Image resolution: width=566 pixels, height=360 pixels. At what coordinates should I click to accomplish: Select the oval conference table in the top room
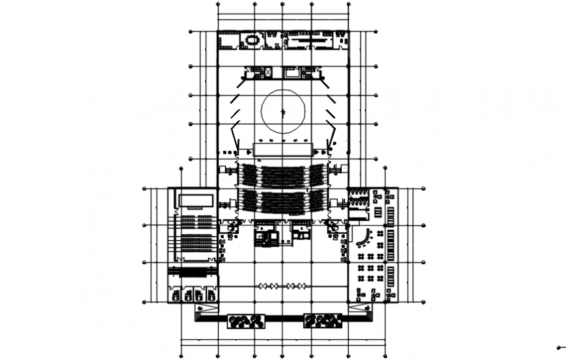tap(252, 41)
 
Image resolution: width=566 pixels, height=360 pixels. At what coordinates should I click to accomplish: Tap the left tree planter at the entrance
tap(246, 320)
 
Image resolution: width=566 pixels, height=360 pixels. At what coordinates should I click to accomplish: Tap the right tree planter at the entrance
tap(323, 320)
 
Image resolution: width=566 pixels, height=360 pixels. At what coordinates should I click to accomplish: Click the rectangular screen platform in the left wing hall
tap(196, 199)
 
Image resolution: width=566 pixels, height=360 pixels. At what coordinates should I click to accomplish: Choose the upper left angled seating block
tap(247, 175)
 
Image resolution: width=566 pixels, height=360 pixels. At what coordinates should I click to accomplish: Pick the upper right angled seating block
tap(318, 175)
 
